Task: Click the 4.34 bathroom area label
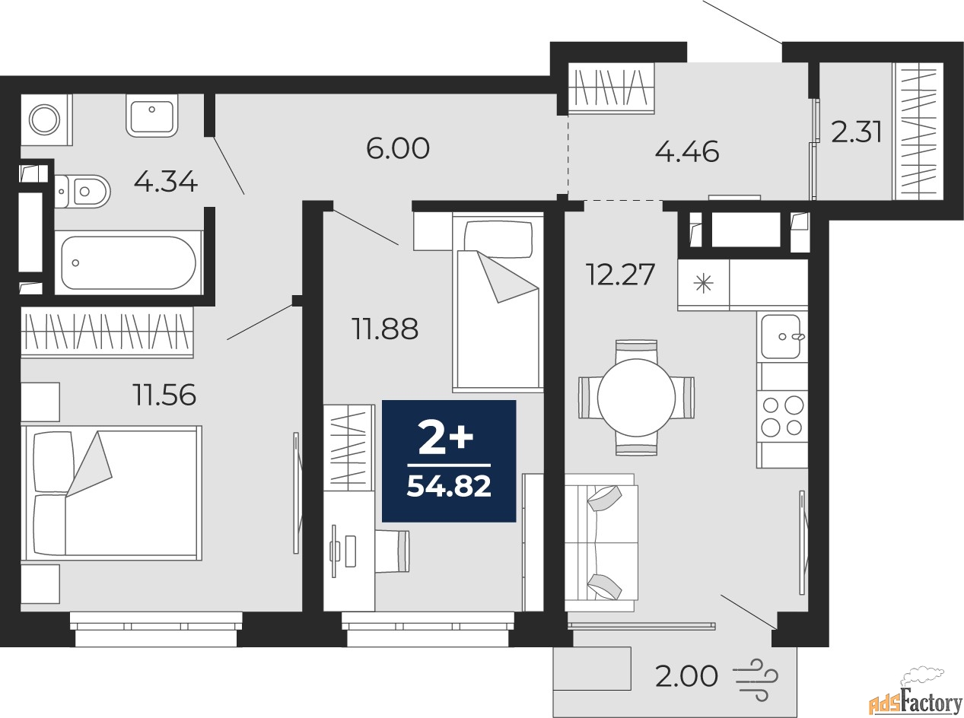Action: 166,182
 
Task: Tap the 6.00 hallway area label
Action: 398,148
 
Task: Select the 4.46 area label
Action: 687,152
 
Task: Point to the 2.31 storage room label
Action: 857,132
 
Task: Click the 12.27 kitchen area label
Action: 620,275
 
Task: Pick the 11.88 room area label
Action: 385,329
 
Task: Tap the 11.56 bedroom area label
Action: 164,395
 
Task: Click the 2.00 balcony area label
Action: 686,676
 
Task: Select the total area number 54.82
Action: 449,486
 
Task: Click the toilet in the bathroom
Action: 83,191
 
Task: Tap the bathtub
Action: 129,262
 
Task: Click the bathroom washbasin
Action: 151,116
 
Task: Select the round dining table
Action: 636,397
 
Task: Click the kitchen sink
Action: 781,337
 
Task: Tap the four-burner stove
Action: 782,416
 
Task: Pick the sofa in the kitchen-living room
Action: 602,543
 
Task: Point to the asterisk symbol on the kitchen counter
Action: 703,284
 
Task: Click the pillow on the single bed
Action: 498,240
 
